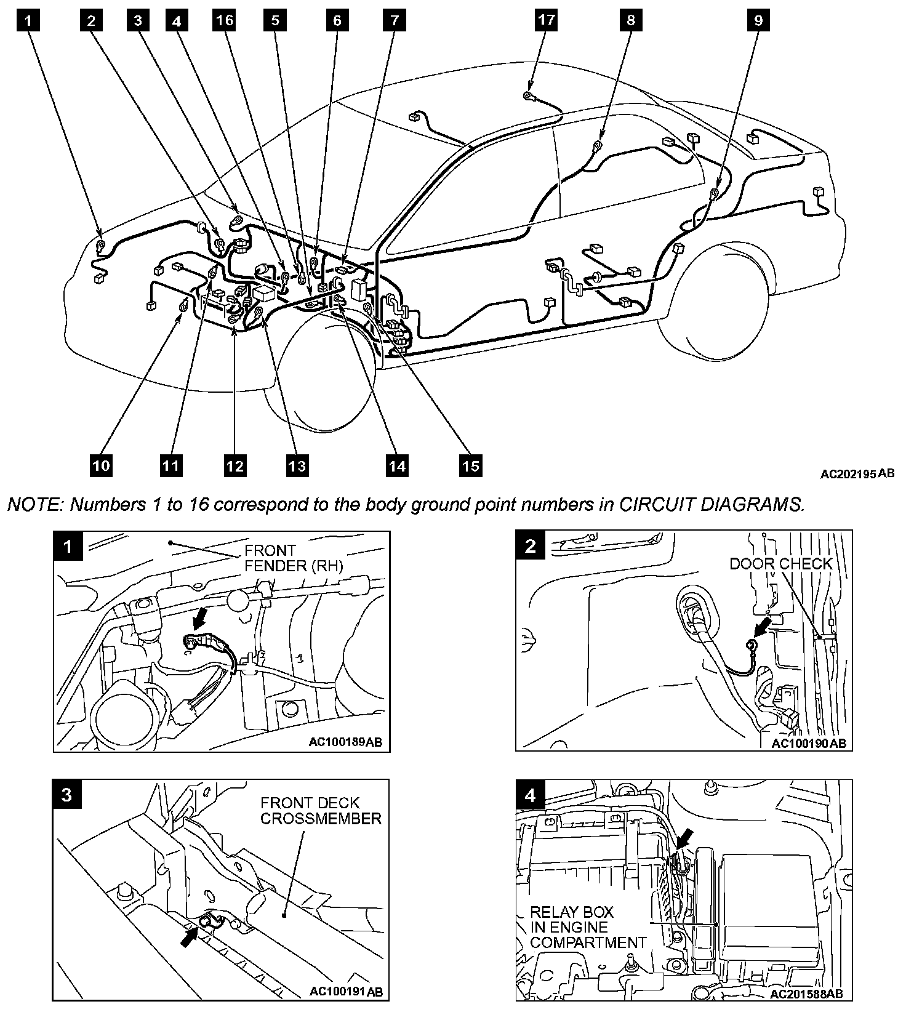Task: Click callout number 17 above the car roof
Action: pos(546,20)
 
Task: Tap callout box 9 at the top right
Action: pos(758,20)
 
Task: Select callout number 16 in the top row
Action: pos(225,20)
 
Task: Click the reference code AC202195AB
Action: pos(857,473)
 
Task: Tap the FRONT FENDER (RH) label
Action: pos(293,558)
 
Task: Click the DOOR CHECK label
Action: pos(780,564)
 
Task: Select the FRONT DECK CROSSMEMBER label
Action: pos(321,811)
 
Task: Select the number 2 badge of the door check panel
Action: pos(531,546)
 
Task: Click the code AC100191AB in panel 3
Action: pos(345,992)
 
